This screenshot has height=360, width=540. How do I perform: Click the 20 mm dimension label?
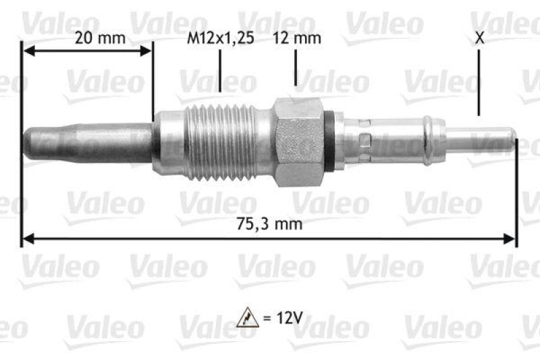(100, 38)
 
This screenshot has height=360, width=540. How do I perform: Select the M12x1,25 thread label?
(220, 38)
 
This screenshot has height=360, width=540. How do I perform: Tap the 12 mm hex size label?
(296, 38)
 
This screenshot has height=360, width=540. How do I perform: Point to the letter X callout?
(479, 38)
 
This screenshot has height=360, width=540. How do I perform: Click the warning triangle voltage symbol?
(248, 317)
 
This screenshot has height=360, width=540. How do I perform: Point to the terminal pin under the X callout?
(486, 139)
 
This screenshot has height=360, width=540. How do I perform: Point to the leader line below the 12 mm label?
(296, 68)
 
